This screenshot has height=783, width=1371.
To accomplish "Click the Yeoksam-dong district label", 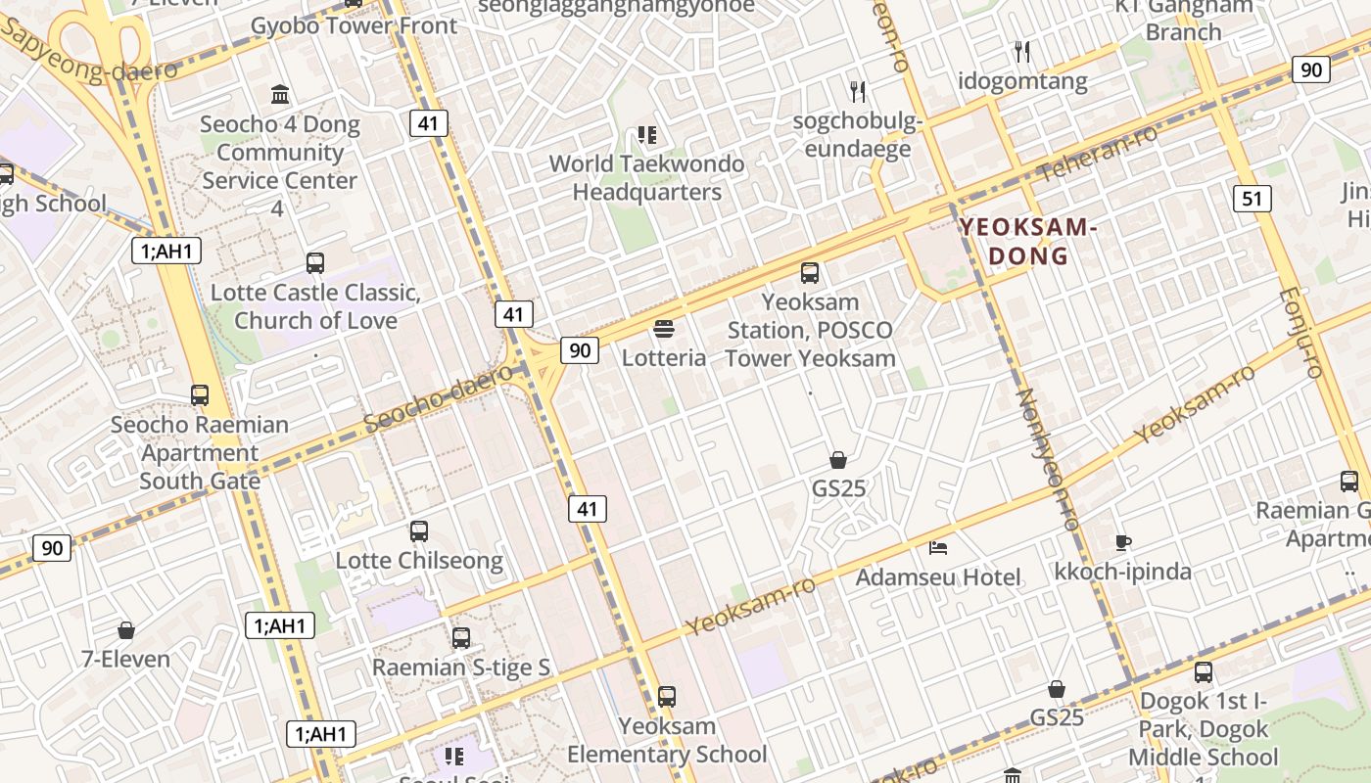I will [x=1026, y=241].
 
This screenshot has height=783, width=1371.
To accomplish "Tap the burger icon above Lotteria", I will [x=664, y=328].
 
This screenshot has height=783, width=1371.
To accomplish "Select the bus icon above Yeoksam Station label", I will [x=810, y=273].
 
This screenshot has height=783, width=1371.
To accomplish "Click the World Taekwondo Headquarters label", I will [x=646, y=177].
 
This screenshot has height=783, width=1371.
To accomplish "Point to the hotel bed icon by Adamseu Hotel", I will [x=938, y=547].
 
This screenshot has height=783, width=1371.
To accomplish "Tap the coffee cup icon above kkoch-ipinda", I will [x=1123, y=541].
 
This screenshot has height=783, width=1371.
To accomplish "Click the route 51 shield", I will [x=1252, y=199].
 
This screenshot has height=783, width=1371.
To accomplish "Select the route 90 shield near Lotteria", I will [x=580, y=349].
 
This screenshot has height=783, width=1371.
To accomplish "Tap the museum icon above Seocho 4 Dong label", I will [x=280, y=95].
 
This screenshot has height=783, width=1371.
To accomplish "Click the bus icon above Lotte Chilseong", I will [x=419, y=531].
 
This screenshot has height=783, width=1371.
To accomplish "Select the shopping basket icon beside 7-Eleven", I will [x=126, y=630].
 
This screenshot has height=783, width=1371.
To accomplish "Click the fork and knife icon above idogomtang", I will [x=1022, y=50].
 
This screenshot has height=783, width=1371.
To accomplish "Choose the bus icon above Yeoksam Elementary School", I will [x=667, y=697].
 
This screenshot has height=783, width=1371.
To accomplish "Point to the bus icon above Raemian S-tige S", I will [x=461, y=638].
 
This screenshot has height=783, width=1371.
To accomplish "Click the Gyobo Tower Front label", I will [x=355, y=25].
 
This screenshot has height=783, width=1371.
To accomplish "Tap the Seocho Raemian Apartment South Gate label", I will [x=200, y=452].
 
